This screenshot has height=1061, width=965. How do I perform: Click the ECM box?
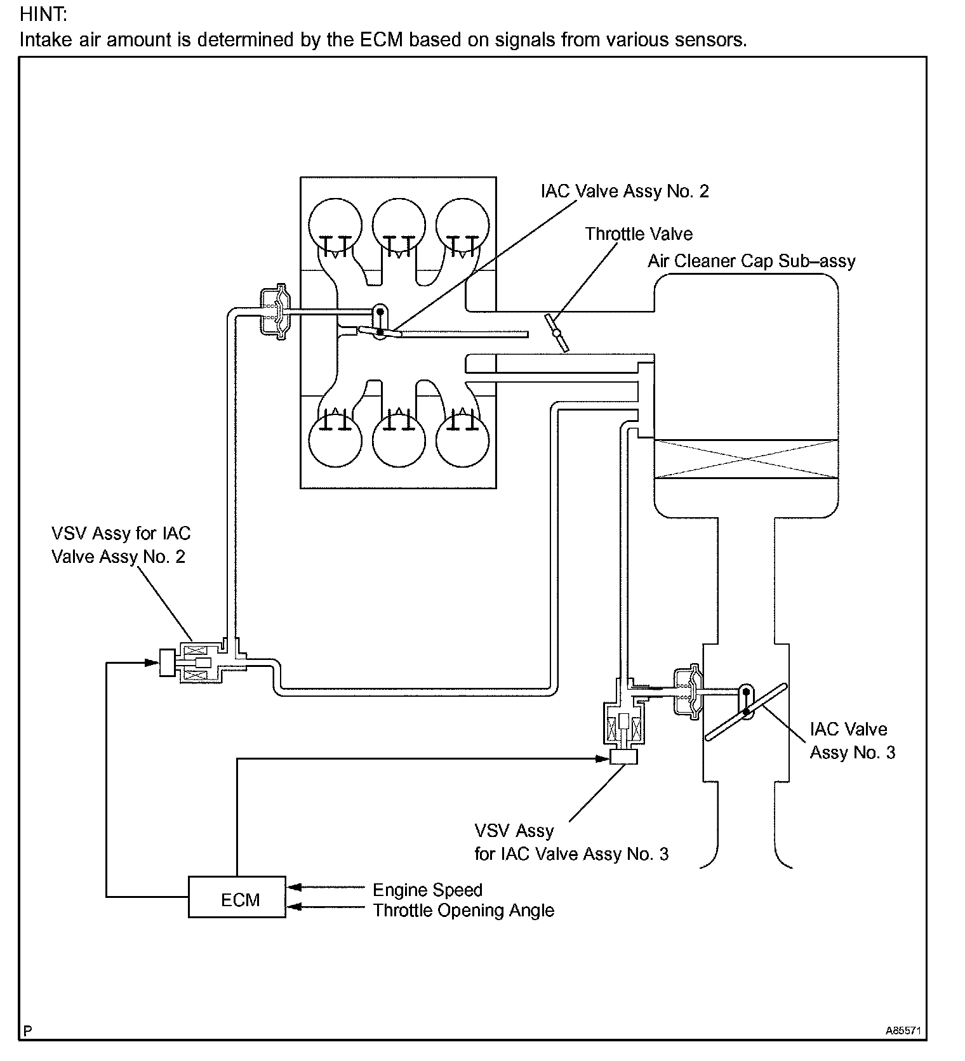click(x=237, y=897)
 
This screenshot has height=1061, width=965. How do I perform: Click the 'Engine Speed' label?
click(x=427, y=890)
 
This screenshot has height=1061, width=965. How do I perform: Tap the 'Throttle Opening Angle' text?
click(x=463, y=910)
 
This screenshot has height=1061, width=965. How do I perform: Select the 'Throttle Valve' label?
click(x=638, y=234)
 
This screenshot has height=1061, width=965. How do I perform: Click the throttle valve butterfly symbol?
click(x=557, y=333)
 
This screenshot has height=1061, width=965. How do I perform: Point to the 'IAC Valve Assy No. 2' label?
click(x=625, y=191)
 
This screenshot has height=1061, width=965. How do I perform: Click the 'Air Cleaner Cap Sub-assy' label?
click(x=751, y=261)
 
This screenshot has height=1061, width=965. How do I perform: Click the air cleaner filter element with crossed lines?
click(x=746, y=458)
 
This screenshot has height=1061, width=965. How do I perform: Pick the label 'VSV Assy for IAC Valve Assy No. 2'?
click(x=121, y=545)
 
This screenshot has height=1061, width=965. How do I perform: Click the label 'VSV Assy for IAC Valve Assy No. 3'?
click(x=571, y=842)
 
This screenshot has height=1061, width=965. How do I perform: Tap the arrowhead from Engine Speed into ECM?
click(x=293, y=886)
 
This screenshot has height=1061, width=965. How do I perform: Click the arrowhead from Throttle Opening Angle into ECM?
click(x=293, y=907)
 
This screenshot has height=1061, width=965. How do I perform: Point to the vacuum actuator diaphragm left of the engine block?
click(x=276, y=311)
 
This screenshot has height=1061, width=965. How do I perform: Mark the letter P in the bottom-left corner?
click(x=27, y=1031)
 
